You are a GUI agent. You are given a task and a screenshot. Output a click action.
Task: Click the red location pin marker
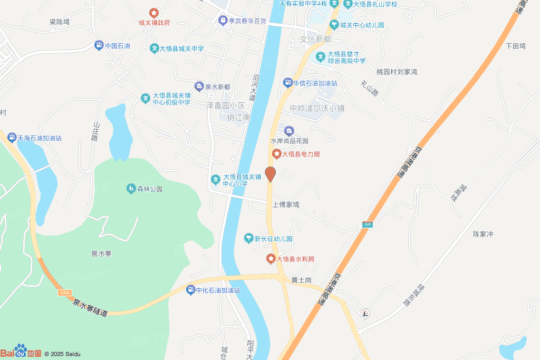270,174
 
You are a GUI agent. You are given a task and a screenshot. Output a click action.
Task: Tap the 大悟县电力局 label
301,154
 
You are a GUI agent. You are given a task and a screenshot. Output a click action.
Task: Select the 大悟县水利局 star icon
271,259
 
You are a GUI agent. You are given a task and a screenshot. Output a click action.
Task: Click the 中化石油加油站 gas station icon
191,290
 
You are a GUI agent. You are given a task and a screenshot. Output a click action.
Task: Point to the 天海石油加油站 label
40,138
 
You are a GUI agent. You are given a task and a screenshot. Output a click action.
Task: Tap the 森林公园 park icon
131,189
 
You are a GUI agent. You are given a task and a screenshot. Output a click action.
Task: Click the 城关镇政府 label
154,23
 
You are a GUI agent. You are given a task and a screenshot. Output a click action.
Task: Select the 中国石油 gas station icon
99,46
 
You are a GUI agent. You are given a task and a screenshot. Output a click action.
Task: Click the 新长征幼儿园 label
274,239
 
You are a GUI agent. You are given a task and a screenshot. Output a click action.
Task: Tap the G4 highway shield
367,225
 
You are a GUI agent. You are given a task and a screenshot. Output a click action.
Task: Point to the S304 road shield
65,292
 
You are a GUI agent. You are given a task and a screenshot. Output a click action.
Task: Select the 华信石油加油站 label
315,83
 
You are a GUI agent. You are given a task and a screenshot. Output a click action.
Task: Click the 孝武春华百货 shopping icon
223,21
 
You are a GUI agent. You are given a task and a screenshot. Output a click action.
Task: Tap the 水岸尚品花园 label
289,141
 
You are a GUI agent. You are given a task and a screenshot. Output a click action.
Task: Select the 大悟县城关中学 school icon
154,48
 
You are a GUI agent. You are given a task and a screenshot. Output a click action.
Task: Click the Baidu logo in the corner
21,352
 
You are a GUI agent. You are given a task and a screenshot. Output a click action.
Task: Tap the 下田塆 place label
516,46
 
